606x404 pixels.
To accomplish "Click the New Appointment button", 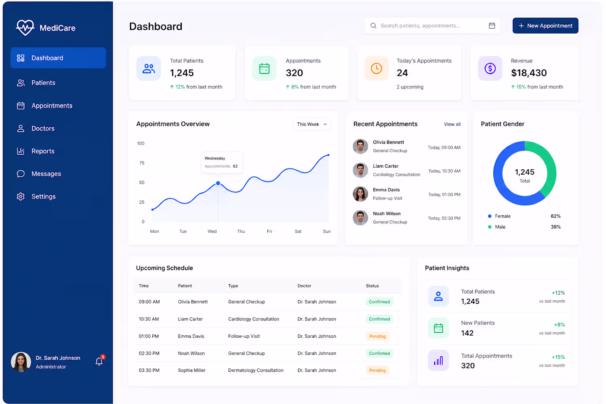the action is click(545, 26).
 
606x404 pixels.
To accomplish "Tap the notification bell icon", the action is click(99, 362).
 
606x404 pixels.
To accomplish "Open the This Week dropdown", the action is click(311, 124).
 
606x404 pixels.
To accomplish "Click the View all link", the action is click(452, 124).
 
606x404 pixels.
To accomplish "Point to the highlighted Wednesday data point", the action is click(218, 183).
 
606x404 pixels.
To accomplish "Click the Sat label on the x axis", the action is click(298, 231).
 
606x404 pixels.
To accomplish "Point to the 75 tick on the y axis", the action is click(142, 163).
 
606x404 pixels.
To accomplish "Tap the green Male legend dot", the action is click(490, 227).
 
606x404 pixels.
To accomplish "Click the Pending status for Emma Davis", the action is click(377, 336).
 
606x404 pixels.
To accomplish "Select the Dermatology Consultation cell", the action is click(256, 370).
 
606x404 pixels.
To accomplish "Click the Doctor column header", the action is click(304, 286).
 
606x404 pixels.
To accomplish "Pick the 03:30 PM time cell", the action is click(149, 370).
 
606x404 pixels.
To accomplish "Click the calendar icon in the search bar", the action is click(492, 26).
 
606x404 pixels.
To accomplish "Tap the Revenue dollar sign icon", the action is click(490, 68).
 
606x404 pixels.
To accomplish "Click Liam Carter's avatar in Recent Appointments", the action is click(360, 170).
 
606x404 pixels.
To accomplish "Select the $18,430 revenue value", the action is click(528, 73).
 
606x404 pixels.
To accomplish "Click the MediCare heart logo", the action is click(25, 27).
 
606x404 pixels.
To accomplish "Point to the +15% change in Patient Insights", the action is click(558, 357).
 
